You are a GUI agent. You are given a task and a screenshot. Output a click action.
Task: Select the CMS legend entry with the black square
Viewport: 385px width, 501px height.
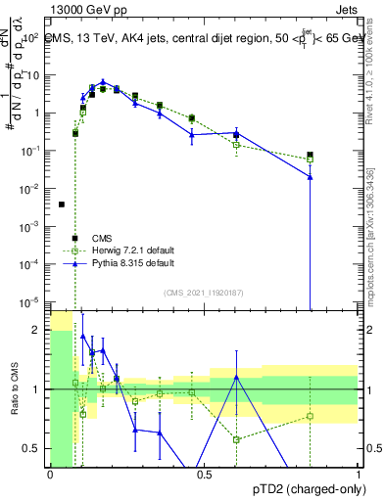coord(103,238)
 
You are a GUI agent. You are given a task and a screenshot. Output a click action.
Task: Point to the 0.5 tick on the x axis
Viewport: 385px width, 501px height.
coord(203,474)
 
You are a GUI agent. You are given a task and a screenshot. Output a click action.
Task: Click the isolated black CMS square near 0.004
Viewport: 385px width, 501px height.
coord(62,205)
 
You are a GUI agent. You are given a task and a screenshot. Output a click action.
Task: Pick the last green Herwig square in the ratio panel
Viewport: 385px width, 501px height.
coord(310,416)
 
